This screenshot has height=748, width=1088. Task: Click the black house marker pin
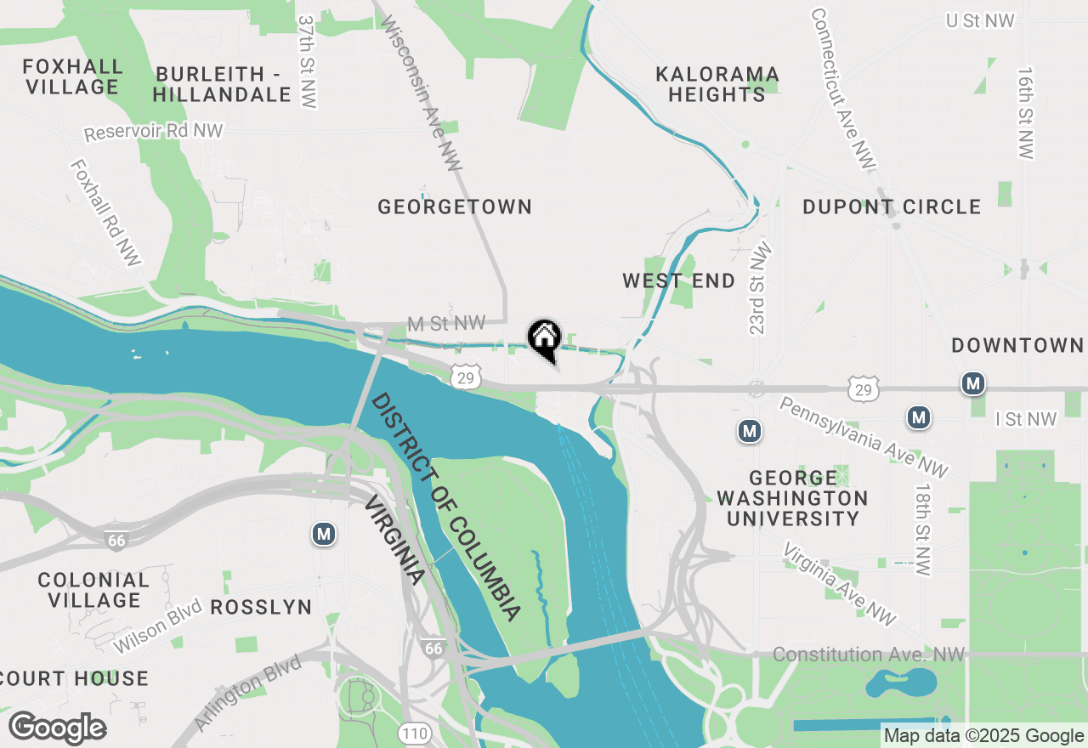[545, 339]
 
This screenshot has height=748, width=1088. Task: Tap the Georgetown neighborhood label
[455, 207]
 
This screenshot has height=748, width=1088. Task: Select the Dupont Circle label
[892, 207]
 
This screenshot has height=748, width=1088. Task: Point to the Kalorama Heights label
[717, 83]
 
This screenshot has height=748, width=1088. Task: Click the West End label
[678, 280]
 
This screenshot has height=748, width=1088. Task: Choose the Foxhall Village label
[72, 76]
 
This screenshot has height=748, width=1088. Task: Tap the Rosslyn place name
[260, 607]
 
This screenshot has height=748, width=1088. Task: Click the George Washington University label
[792, 497]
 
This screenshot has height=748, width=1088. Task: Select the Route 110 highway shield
[413, 732]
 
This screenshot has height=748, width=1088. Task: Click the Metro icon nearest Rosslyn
[323, 534]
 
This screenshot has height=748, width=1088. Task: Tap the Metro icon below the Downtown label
[973, 383]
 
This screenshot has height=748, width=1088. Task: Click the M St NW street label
[445, 323]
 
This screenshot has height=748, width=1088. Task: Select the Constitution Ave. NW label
[869, 654]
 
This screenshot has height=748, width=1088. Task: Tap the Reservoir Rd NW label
[153, 132]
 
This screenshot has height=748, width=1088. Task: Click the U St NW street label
[980, 20]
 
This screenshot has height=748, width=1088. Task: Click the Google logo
[57, 728]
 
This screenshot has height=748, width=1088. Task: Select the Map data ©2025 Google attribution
[983, 736]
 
